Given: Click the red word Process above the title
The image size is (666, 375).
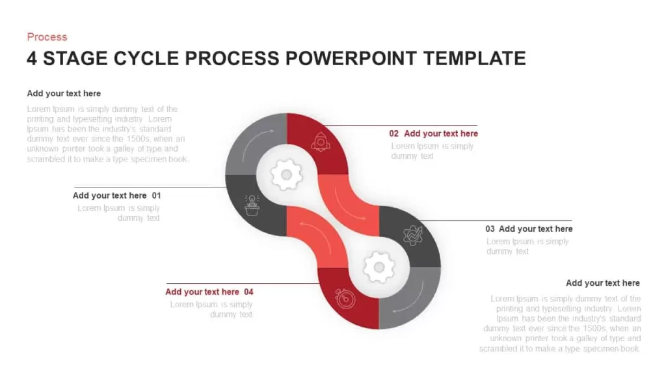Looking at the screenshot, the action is [47, 37].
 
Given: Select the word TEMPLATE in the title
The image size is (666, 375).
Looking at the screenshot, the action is [474, 58].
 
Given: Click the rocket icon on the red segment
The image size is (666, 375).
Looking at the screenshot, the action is [321, 141].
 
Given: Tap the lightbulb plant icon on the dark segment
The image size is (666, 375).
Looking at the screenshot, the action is [252, 205].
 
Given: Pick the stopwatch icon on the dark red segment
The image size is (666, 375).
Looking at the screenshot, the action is [345, 298].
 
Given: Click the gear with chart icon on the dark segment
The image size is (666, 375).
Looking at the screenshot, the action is [413, 235].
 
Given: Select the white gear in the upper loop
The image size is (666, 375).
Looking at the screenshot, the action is [287, 174].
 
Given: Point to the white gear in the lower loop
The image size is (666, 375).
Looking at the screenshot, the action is [379, 267].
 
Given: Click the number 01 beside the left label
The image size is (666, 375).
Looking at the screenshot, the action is [156, 195].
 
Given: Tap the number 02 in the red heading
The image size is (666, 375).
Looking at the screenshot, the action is [393, 133].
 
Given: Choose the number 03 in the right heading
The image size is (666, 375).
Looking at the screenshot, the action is [490, 229].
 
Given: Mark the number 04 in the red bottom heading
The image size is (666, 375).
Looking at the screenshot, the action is [248, 292].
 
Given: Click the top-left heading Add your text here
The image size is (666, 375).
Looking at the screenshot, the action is [64, 94].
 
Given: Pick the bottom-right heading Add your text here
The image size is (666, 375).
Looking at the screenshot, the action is [603, 283].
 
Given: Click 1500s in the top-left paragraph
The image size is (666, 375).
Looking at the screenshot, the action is [139, 139].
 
